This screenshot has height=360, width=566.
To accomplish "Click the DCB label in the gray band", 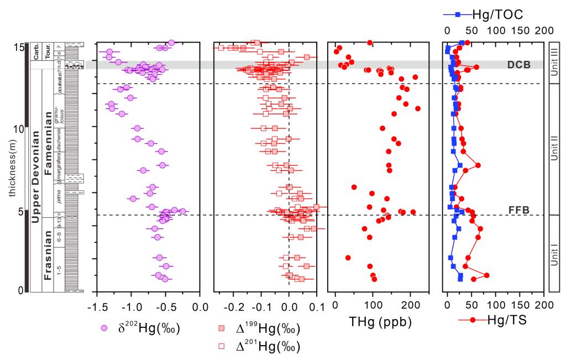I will tap(518, 65).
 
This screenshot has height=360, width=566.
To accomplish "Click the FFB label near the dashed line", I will tap(518, 210).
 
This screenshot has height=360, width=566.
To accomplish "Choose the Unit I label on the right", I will tap(554, 254).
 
